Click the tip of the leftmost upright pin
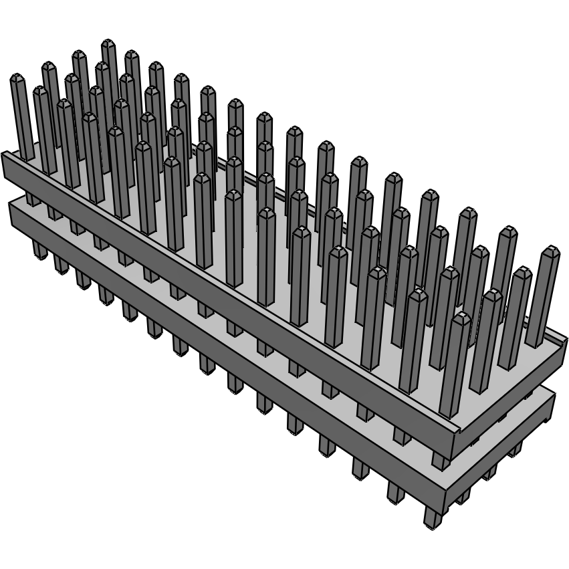[x=17, y=78]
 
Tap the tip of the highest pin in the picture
[x=108, y=44]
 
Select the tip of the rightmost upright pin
[x=550, y=251]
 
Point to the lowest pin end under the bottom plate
[x=431, y=523]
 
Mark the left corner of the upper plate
[x=3, y=155]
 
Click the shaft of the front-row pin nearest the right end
[x=455, y=368]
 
